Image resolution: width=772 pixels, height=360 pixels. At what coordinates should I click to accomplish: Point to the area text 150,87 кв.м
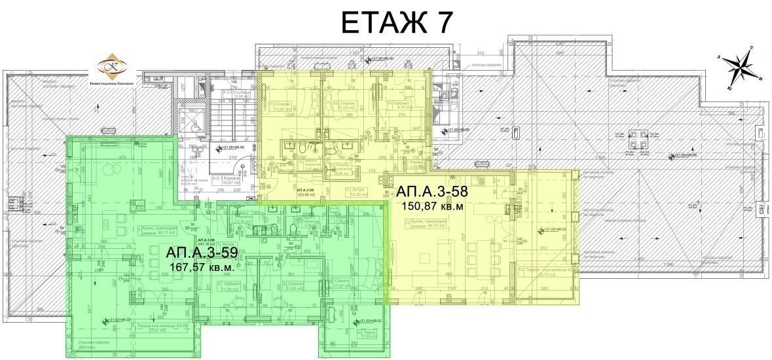431,207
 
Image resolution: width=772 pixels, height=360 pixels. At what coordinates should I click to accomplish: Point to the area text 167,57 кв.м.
202,268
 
